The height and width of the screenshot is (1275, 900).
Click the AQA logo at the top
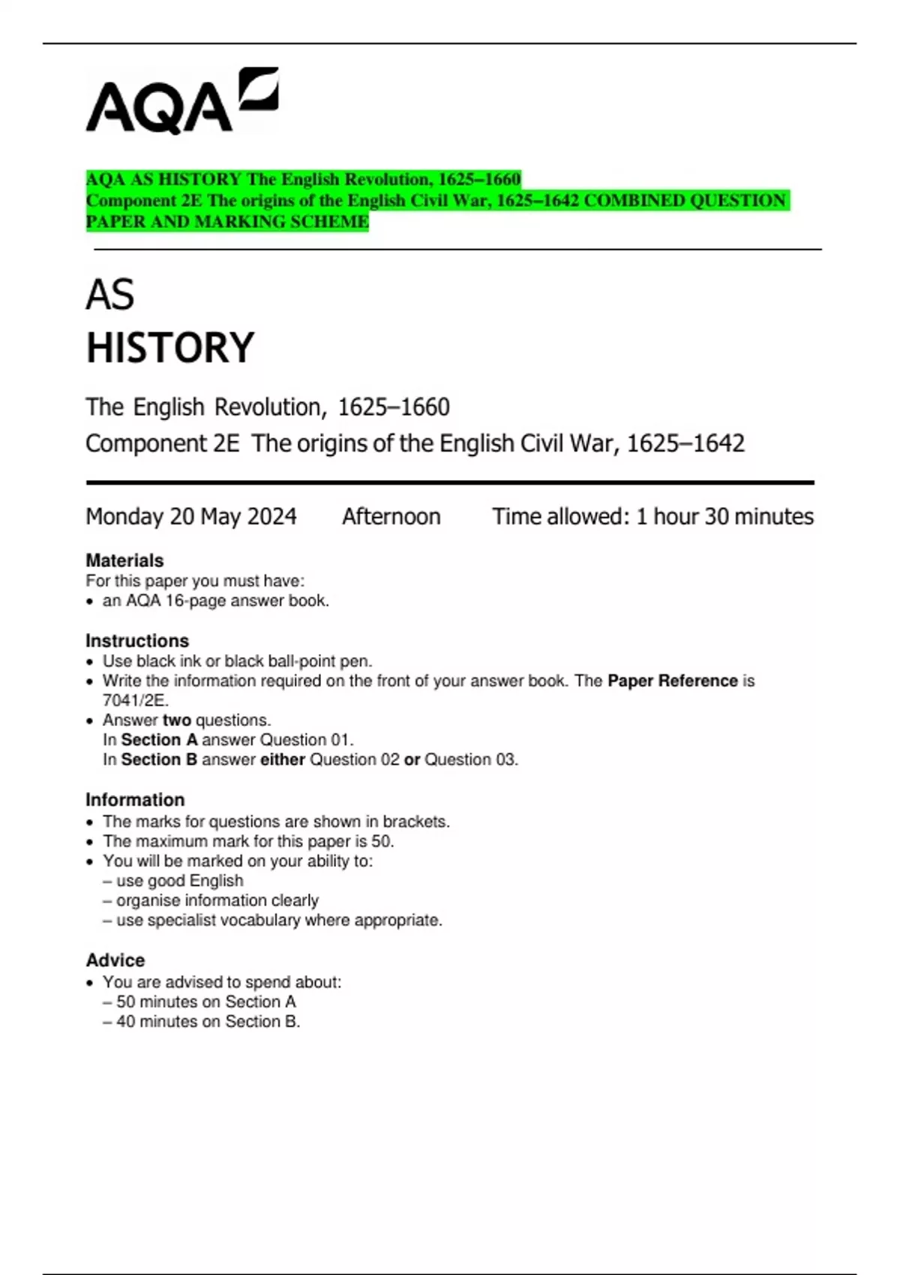(182, 101)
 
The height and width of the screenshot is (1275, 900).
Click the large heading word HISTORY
(170, 348)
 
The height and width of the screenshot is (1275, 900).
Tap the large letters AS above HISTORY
(110, 295)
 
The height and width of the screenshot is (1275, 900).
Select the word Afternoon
(391, 517)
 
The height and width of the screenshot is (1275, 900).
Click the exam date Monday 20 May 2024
(191, 517)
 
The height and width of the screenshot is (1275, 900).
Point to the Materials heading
(124, 560)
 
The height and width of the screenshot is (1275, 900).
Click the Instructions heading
(137, 640)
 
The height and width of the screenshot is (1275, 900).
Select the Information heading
(135, 799)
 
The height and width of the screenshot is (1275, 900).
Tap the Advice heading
(115, 960)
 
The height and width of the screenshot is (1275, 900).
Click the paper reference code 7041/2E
(135, 700)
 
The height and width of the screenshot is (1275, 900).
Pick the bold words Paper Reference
(673, 681)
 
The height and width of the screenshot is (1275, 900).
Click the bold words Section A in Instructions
(159, 739)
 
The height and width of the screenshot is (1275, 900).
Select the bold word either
(283, 759)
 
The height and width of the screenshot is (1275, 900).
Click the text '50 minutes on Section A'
(205, 1002)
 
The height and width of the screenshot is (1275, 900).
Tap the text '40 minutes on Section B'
(208, 1021)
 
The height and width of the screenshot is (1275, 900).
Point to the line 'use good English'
(180, 880)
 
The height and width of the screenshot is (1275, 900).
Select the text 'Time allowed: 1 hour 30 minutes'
(652, 517)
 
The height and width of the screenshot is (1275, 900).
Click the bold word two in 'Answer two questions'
(177, 720)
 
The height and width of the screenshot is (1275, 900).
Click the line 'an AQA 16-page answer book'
(215, 601)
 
